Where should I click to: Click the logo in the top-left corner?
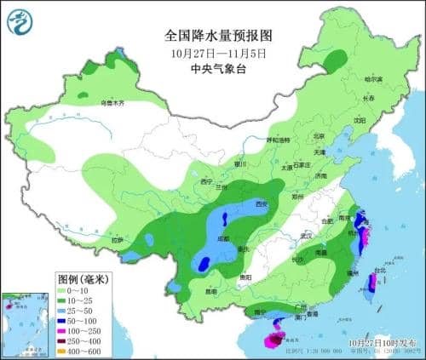point(18,18)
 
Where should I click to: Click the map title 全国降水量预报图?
point(217,36)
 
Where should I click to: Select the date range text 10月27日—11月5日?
point(217,53)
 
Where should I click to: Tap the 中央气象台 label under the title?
point(217,69)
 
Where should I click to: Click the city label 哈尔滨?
point(374,79)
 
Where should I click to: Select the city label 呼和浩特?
point(278,140)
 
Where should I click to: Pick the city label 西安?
point(262,204)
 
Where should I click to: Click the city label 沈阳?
point(359,120)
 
